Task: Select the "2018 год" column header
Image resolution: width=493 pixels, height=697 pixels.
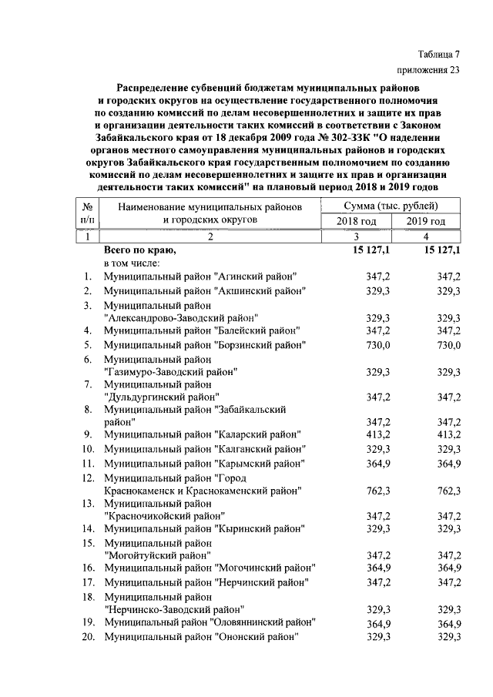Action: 357,222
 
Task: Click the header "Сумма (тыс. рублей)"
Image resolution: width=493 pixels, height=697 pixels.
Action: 391,206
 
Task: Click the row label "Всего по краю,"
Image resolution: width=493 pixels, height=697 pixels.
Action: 140,251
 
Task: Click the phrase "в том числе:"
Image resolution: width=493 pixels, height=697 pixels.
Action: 132,263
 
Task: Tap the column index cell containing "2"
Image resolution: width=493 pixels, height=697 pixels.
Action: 208,237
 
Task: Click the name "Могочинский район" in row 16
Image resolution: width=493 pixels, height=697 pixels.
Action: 266,568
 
